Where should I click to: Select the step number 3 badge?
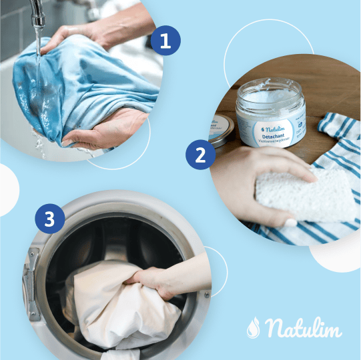click(x=49, y=218)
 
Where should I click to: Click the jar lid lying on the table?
click(x=220, y=129)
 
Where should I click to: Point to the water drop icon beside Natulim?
click(x=253, y=328)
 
